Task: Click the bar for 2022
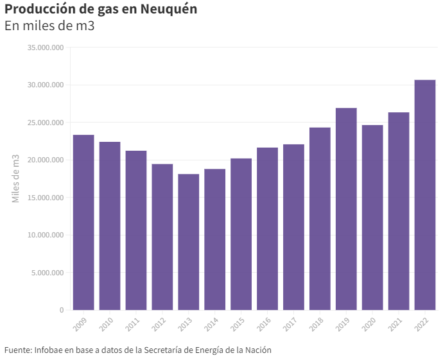coord(425,195)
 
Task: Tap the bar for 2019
coord(346,209)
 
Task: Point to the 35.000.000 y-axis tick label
coord(44,47)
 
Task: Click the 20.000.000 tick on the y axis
coord(44,160)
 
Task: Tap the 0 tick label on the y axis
coord(62,310)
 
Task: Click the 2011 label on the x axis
coord(132,325)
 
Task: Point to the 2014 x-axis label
coord(211,325)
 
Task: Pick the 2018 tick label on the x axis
coord(316,325)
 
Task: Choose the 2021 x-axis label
coord(395,325)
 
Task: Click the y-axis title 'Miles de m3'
coord(16,178)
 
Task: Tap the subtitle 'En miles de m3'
coord(49,26)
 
